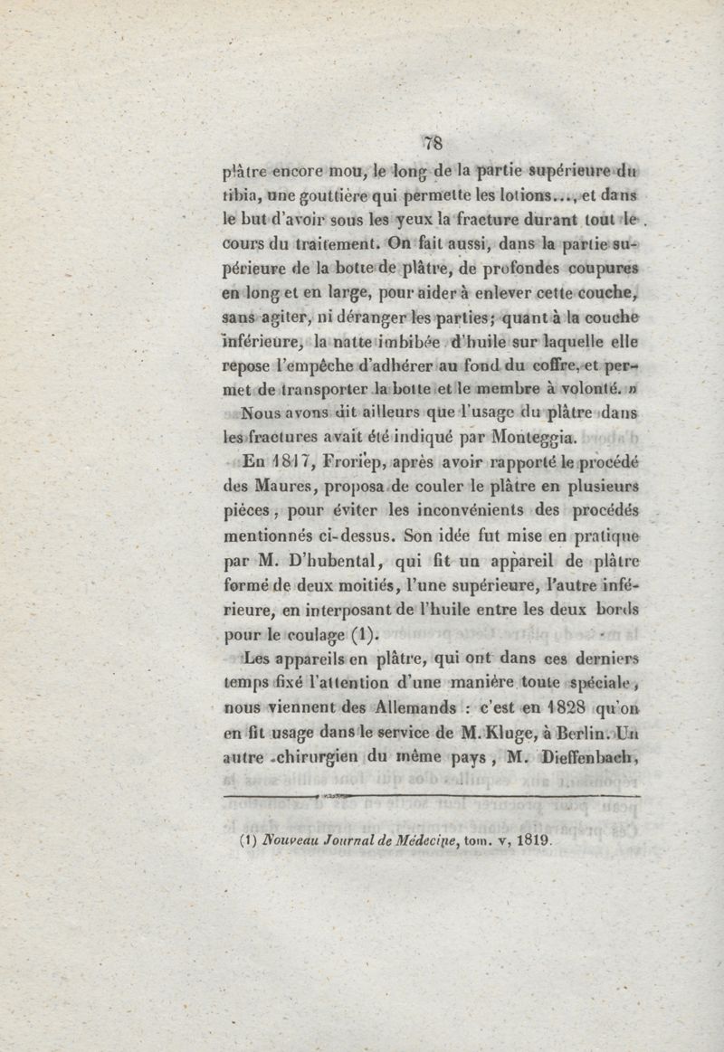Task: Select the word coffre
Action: click(x=539, y=367)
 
